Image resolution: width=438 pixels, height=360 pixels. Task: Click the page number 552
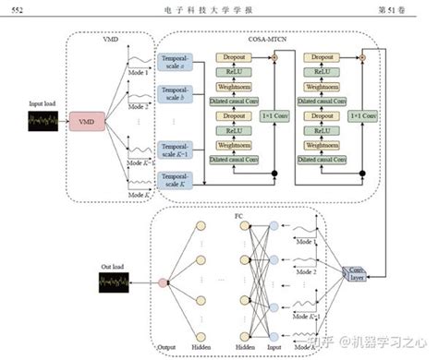click(x=14, y=9)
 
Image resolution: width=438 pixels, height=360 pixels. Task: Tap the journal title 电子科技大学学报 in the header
click(x=218, y=9)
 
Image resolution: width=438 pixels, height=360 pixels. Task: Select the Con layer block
click(x=354, y=274)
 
